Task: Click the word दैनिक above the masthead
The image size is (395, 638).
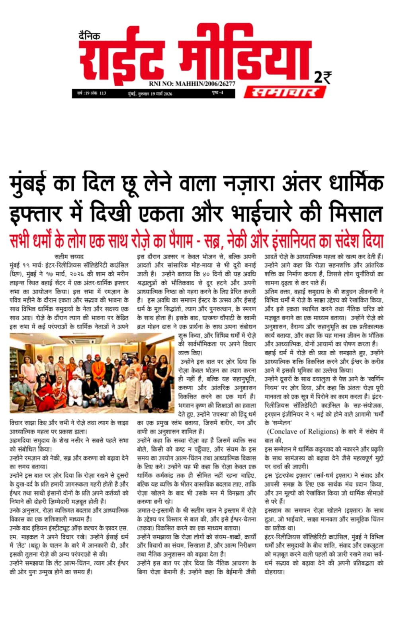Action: coord(89,35)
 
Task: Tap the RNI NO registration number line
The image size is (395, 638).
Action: coord(192,84)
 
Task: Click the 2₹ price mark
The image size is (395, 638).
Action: coord(323,77)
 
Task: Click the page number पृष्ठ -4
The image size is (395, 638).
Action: coord(217,93)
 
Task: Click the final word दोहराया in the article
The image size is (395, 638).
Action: coord(274,572)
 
